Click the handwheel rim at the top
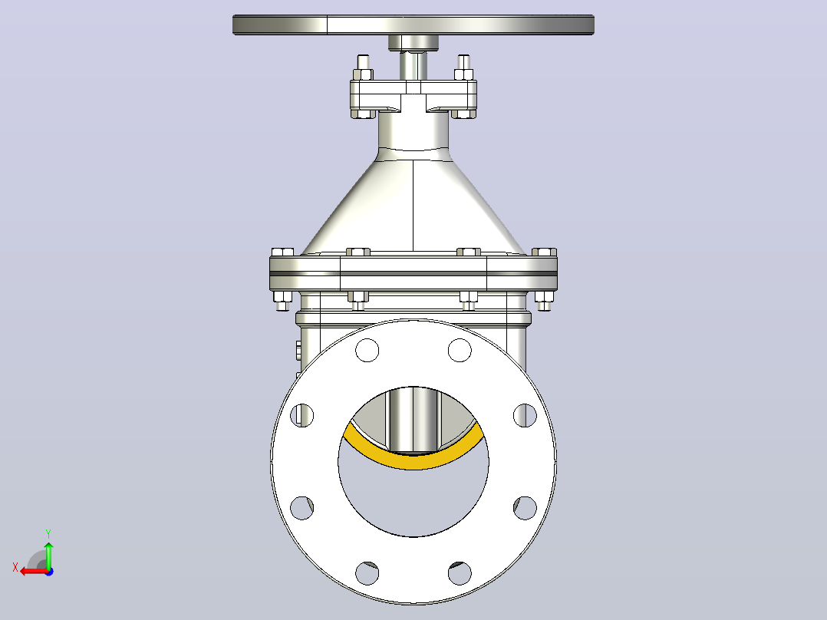413,25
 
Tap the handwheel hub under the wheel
413,43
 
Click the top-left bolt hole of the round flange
367,350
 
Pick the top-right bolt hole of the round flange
460,350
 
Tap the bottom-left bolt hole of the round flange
367,573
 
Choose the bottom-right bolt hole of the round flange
460,573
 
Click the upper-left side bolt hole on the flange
301,415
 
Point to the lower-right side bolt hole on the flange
525,508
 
